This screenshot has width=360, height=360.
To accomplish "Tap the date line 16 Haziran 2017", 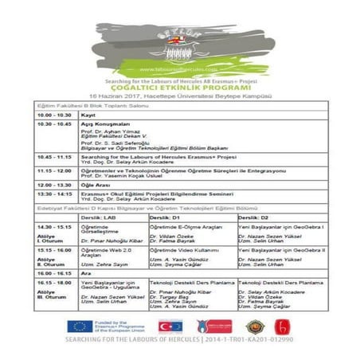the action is pyautogui.click(x=179, y=95).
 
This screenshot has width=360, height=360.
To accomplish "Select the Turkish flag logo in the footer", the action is pyautogui.click(x=170, y=327).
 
